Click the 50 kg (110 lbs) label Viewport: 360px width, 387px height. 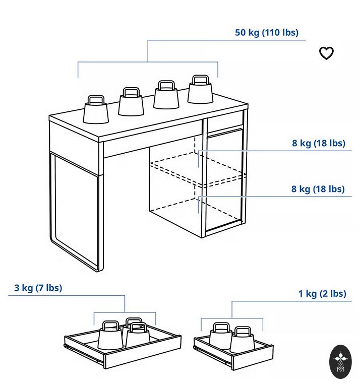[266, 32]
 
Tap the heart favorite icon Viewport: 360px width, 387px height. [326, 53]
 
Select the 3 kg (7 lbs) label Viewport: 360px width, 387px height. [38, 288]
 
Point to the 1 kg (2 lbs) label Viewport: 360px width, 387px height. [322, 294]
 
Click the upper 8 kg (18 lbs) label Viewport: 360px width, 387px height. [319, 143]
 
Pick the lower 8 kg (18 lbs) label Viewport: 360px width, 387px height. [318, 189]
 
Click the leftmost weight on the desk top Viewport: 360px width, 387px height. [96, 109]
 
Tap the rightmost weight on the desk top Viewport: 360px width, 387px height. [200, 89]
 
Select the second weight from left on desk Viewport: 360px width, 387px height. [131, 101]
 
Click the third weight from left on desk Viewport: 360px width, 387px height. [166, 95]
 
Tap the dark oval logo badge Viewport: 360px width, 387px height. [340, 361]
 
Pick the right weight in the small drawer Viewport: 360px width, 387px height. [242, 340]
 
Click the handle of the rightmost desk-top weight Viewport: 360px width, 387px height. [200, 80]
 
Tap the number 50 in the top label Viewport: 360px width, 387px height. [241, 32]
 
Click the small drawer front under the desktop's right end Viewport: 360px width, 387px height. [225, 122]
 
